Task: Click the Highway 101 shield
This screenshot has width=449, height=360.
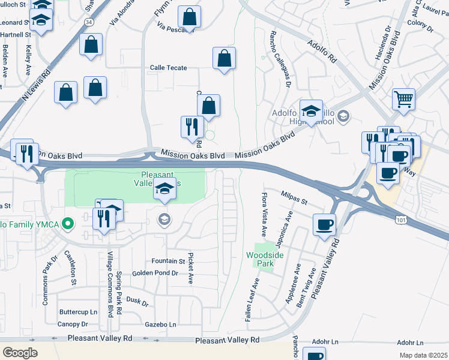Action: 400,221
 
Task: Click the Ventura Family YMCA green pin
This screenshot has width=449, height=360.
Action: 68,225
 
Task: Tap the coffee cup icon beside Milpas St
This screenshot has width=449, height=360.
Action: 325,224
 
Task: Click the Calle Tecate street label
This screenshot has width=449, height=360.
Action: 168,68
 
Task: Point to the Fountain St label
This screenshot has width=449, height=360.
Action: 168,261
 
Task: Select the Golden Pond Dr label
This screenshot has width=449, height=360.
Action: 155,272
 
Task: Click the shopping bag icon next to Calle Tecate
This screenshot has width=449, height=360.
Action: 224,58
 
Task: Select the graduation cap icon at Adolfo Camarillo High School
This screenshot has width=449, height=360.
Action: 312,110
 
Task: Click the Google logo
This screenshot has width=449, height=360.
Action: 20,352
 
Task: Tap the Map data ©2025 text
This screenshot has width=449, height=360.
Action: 423,355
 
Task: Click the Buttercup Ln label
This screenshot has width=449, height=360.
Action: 78,312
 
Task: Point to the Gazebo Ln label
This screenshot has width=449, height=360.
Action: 161,324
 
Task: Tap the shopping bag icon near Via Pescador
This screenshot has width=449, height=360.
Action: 189,18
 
